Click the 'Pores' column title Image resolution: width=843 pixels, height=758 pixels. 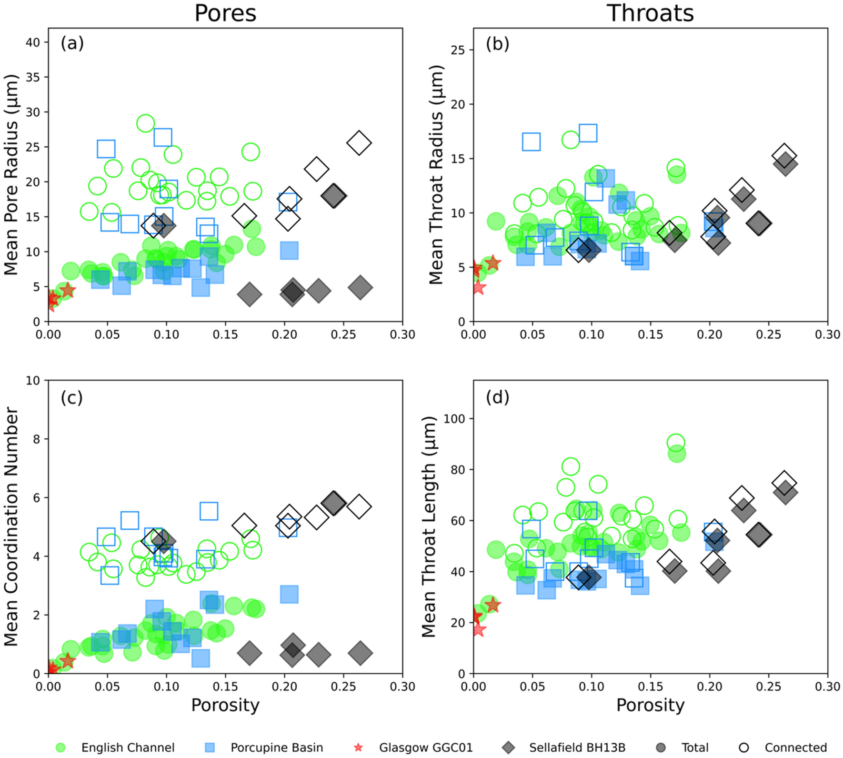[x=225, y=13]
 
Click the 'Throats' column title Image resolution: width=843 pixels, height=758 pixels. [x=650, y=13]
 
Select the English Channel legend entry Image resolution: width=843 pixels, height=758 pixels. [x=128, y=748]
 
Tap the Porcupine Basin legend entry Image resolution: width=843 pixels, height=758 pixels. [x=277, y=748]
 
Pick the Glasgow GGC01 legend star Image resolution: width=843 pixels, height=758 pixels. [x=358, y=748]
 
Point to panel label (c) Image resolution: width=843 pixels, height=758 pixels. [x=72, y=397]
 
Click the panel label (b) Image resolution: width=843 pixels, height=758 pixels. [x=497, y=44]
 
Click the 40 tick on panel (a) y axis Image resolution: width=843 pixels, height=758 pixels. [x=33, y=42]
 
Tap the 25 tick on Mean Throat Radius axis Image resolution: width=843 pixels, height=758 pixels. [x=458, y=50]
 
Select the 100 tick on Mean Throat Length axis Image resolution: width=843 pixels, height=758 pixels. [x=454, y=418]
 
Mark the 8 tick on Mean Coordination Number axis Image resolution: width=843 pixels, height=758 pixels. [x=37, y=439]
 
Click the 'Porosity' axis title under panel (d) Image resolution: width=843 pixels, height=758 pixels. [x=650, y=705]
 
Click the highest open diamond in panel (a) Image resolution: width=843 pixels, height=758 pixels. [x=359, y=142]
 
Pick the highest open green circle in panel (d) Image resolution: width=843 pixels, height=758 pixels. [x=676, y=443]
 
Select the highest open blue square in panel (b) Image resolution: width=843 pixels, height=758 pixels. [x=588, y=133]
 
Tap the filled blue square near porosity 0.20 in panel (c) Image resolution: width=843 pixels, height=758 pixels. [x=289, y=594]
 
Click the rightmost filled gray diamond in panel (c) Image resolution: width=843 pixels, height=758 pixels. [x=360, y=653]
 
